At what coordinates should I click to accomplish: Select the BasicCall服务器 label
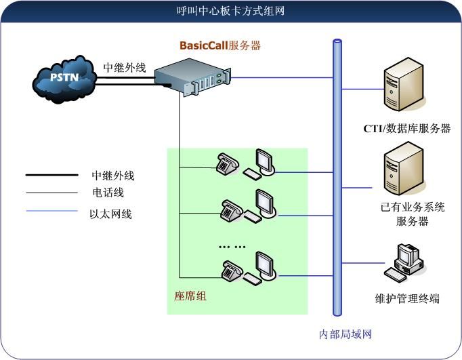coord(220,46)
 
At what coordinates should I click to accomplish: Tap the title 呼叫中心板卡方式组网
coord(230,11)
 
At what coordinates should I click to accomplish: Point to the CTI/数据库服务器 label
coord(406,128)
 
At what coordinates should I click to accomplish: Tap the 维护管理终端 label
coord(407,298)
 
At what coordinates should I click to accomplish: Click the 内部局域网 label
coord(345,334)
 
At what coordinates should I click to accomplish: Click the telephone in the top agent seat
coord(226,163)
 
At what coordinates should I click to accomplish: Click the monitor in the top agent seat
coord(264,161)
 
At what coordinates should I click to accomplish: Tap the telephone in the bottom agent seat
coord(232,271)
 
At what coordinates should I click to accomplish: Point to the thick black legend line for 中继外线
coord(51,176)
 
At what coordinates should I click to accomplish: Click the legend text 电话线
coord(108,193)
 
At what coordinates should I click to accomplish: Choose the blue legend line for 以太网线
coord(51,211)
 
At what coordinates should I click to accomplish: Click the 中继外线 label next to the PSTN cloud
coord(124,68)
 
